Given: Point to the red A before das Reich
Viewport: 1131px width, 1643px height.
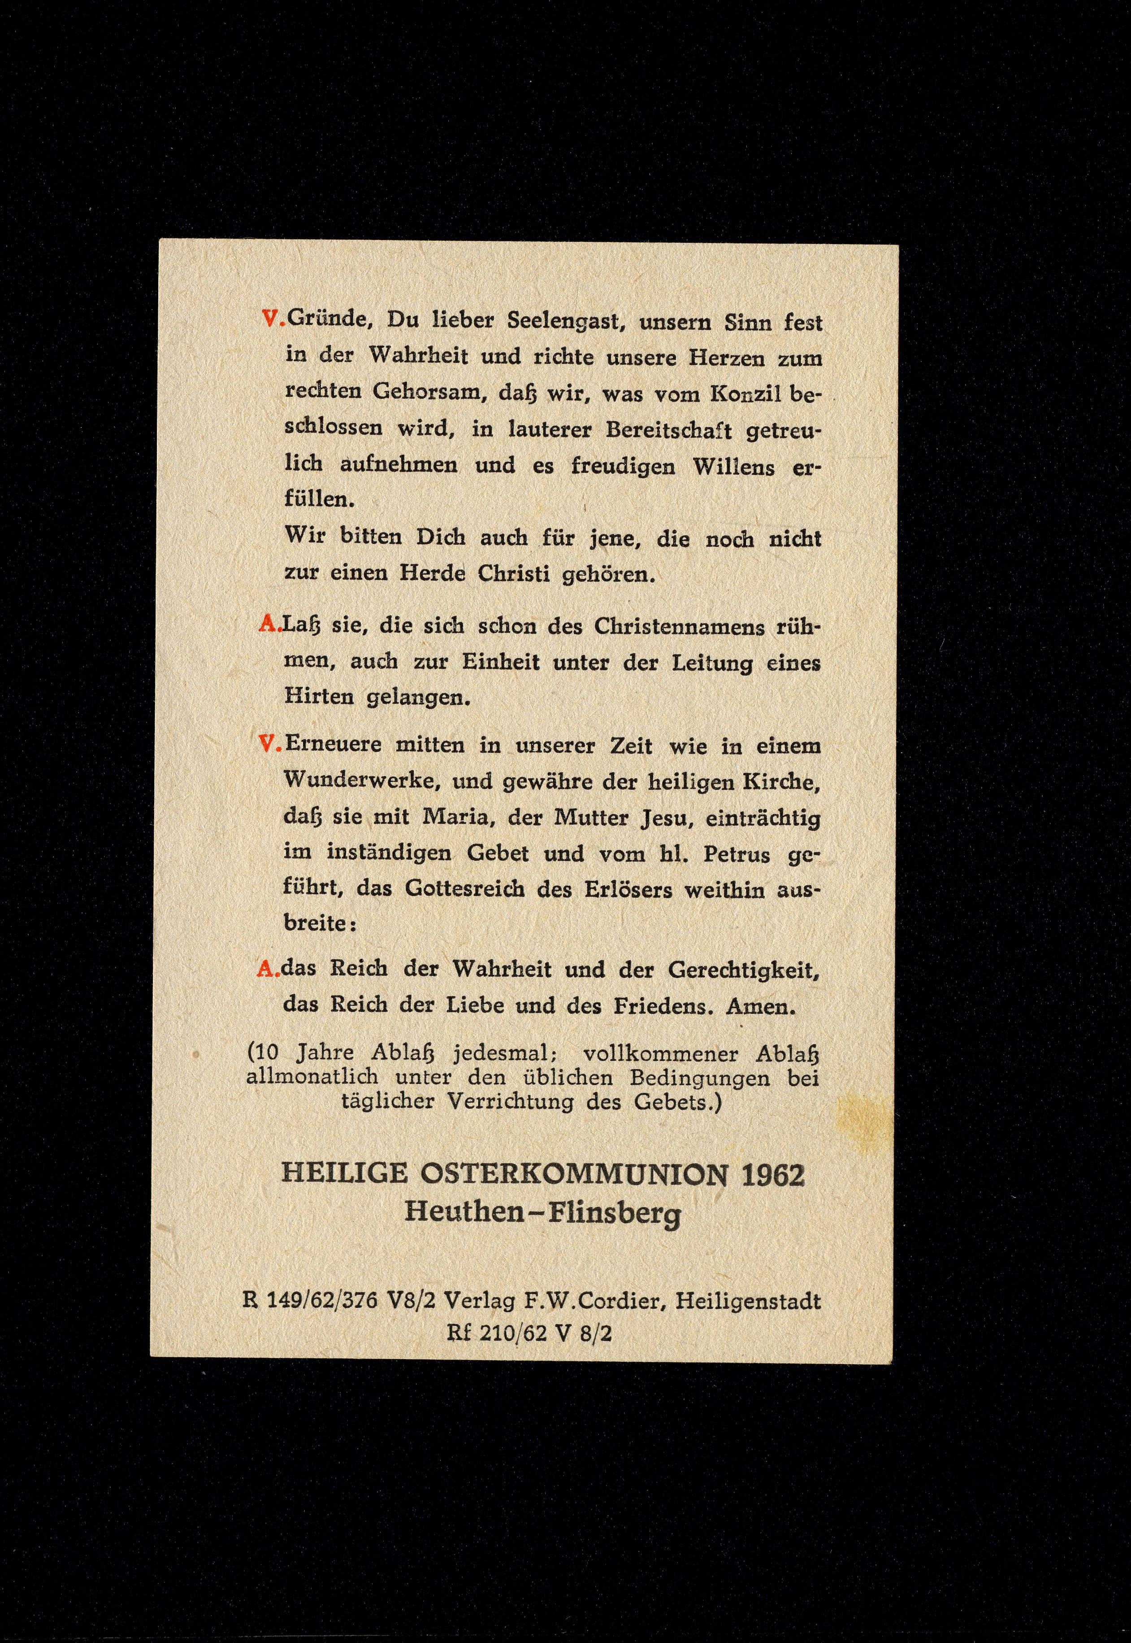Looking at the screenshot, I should (x=266, y=969).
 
